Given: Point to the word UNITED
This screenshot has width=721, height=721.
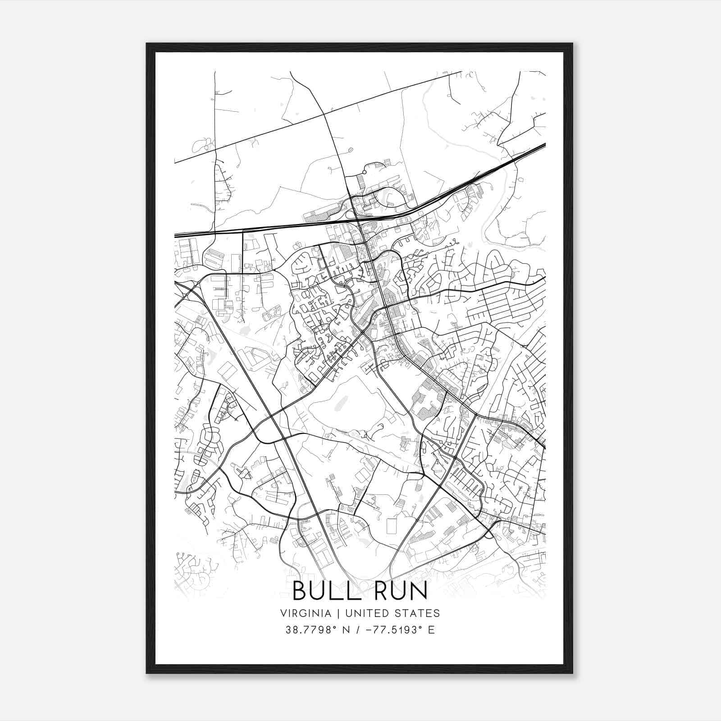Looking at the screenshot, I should click(x=360, y=613).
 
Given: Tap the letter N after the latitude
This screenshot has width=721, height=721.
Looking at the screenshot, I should click(x=347, y=630).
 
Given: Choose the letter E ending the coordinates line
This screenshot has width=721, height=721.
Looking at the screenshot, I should click(x=431, y=630).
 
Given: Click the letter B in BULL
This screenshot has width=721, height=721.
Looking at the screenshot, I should click(x=300, y=591).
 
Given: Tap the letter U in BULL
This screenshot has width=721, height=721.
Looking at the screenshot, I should click(x=318, y=591).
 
